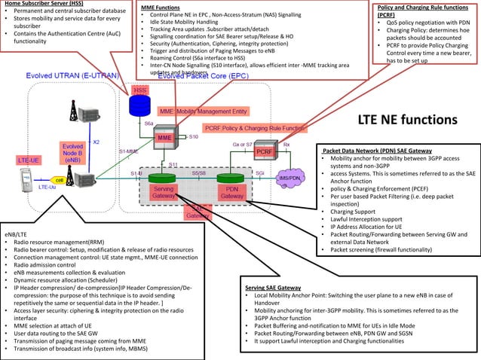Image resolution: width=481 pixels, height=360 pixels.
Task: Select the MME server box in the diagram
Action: [x=164, y=140]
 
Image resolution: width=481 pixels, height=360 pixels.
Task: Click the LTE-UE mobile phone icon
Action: [x=25, y=180]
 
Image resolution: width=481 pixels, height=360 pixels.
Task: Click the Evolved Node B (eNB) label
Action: [x=73, y=153]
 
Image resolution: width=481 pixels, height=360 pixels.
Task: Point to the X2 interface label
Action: [x=96, y=142]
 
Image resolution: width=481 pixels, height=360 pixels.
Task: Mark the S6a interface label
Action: [x=149, y=123]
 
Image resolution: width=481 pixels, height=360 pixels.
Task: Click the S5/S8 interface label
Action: [x=198, y=172]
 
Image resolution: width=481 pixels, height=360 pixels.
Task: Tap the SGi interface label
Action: [x=259, y=172]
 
